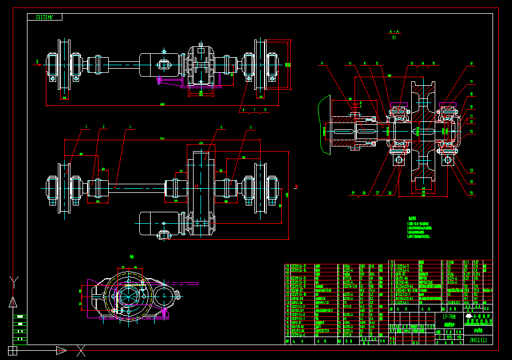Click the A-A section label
(393, 33)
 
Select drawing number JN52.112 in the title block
(480, 340)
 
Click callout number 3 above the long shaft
(130, 126)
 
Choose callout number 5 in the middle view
(250, 126)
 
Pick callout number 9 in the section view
(322, 63)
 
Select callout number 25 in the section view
(471, 193)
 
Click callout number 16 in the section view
(471, 63)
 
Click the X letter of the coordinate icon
(81, 350)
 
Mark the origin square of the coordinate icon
(13, 350)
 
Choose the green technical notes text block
(424, 227)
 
